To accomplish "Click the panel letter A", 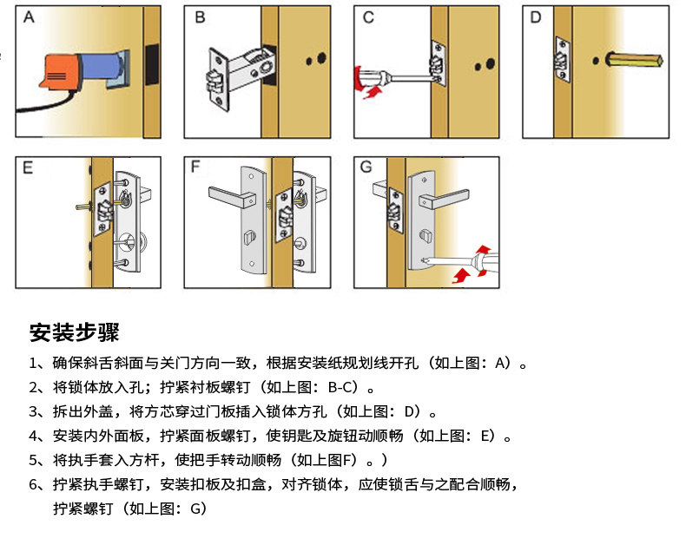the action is (29, 17).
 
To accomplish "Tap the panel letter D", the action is (536, 17).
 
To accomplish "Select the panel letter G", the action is (366, 167).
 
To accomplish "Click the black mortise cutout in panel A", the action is (152, 64).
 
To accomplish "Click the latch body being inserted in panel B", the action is (241, 77).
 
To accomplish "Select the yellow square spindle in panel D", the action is (635, 60).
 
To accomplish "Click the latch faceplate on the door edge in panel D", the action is (563, 60).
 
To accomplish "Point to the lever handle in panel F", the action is (232, 196).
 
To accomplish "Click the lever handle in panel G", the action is (444, 198).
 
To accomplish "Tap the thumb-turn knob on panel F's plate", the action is (248, 239).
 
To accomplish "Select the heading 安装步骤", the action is (74, 332).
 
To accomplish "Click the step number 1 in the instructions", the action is (33, 364).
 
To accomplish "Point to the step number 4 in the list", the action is (34, 437).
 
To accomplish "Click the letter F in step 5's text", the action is (347, 460).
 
